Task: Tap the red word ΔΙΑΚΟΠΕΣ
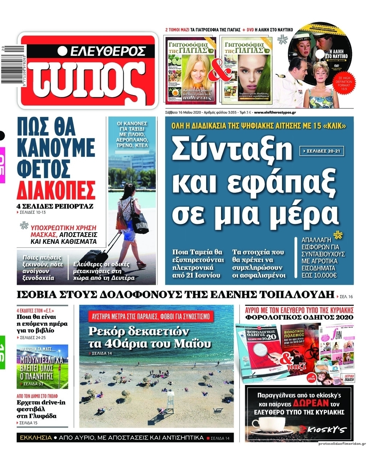[56, 189]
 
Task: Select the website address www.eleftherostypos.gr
[275, 112]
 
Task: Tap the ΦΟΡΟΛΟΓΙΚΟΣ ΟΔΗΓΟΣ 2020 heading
[299, 317]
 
